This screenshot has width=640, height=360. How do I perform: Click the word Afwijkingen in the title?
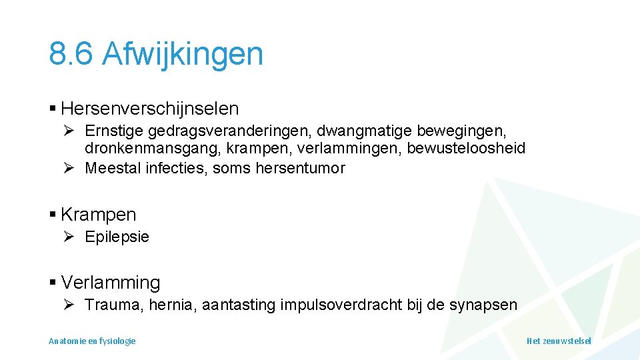coord(183,54)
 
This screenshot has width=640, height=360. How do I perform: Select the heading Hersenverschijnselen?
coord(149,108)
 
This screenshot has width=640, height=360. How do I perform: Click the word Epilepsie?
coord(117,237)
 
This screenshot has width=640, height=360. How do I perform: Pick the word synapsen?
coord(483,305)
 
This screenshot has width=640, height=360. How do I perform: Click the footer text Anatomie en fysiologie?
coord(92,341)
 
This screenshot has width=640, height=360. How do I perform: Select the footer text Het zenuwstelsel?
coord(559,341)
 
